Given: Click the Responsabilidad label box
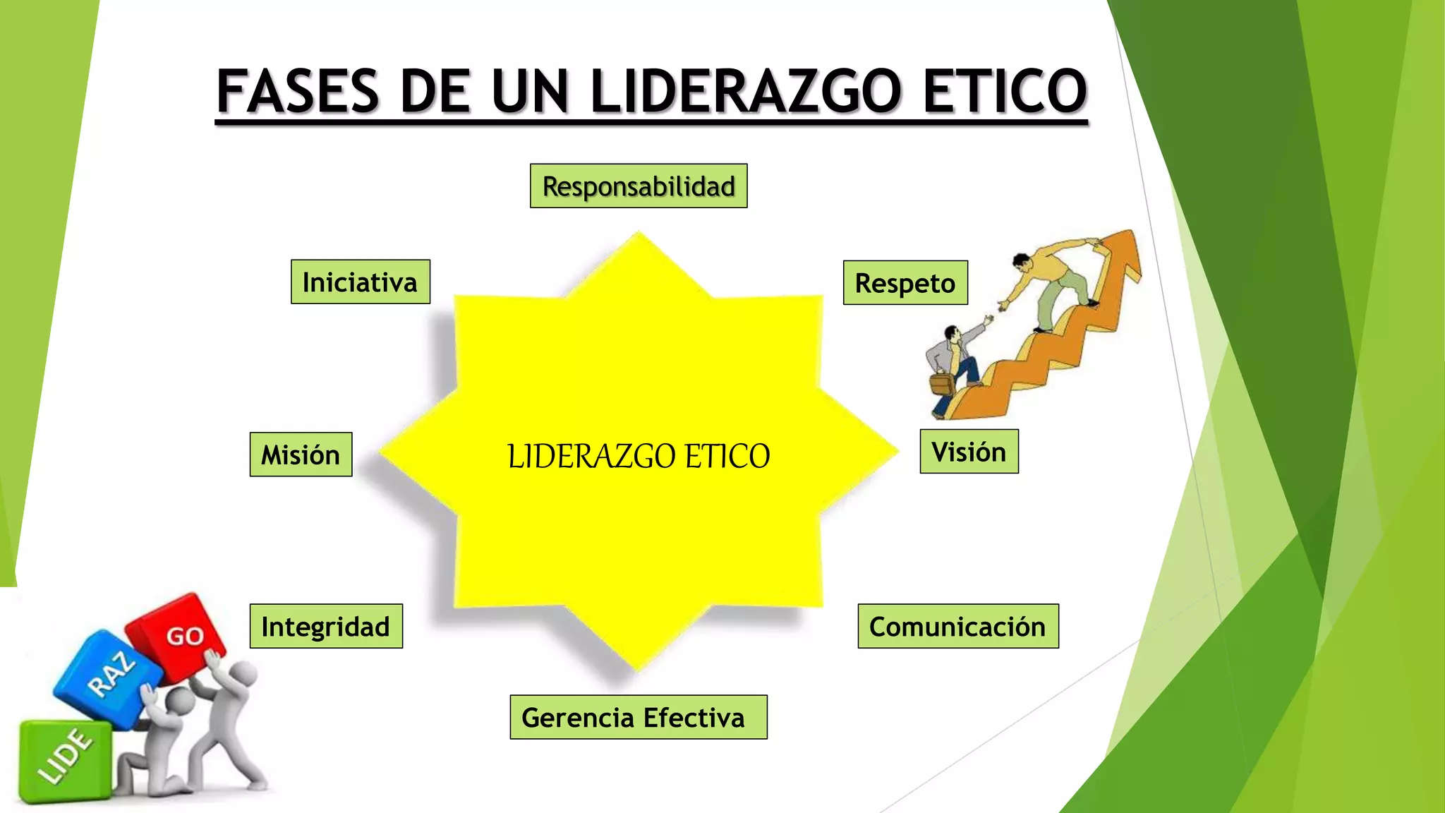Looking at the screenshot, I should (x=639, y=186).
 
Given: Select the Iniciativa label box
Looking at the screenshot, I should (x=360, y=282).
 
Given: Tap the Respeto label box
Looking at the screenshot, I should (x=905, y=283).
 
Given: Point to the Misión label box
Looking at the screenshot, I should (x=301, y=454).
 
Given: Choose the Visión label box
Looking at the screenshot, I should (x=969, y=452).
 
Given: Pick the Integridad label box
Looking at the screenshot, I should (x=326, y=626).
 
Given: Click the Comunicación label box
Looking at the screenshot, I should (x=958, y=626).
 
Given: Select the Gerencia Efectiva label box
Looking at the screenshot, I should (x=638, y=717).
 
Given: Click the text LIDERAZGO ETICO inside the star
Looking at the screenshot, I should (x=639, y=456).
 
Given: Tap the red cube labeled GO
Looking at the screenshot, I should (x=176, y=632).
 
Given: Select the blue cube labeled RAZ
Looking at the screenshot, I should (x=106, y=677).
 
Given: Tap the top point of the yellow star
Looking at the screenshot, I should (x=639, y=236).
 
